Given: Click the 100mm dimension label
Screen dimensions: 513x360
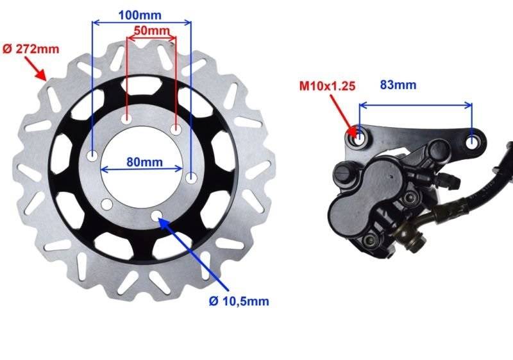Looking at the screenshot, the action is pyautogui.click(x=140, y=15).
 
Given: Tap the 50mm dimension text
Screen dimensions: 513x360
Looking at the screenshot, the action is pyautogui.click(x=152, y=30).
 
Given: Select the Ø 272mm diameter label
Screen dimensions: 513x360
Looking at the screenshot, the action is pyautogui.click(x=31, y=49).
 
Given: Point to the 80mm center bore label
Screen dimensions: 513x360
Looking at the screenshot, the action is pyautogui.click(x=145, y=162).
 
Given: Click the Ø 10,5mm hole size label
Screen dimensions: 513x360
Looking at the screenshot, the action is pyautogui.click(x=239, y=301).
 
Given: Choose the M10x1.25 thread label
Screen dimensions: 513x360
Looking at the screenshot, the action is pyautogui.click(x=328, y=86).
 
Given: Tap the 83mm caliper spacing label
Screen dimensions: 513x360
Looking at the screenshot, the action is pyautogui.click(x=398, y=85).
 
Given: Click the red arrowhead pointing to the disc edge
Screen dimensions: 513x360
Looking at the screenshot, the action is pyautogui.click(x=41, y=75).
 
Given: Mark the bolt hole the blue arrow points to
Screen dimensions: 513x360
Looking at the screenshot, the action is pyautogui.click(x=157, y=215).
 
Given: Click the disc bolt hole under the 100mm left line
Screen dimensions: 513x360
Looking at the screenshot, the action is pyautogui.click(x=93, y=156).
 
